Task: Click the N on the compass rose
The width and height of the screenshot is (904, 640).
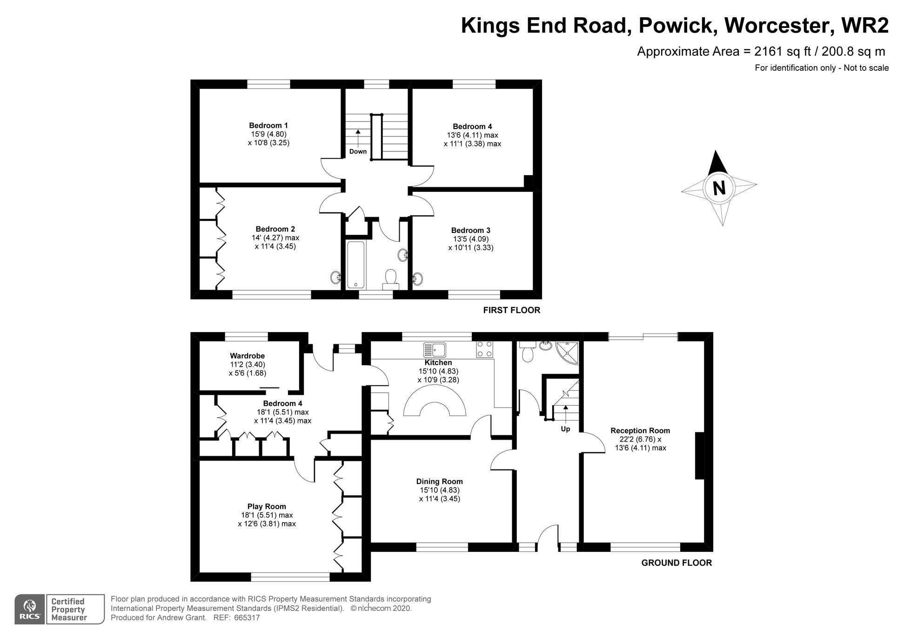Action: pos(719,188)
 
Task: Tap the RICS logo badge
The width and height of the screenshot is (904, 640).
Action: pos(30,609)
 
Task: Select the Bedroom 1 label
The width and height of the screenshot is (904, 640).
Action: pos(268,125)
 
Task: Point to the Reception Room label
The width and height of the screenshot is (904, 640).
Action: pos(640,431)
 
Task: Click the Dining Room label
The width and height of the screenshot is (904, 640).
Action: pos(439,482)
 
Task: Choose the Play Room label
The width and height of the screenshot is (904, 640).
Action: pos(267,507)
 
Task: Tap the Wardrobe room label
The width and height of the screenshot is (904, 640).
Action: pos(248,356)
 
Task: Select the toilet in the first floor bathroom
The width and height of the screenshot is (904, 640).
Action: pos(390,279)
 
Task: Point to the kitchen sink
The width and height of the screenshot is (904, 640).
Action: pos(435,350)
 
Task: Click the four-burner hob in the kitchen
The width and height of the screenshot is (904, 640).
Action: pos(484,349)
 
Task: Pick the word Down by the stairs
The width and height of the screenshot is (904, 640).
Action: pos(358,151)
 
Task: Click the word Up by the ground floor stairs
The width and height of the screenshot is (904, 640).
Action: pos(565,429)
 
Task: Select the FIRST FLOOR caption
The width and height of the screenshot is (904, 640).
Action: pos(512,310)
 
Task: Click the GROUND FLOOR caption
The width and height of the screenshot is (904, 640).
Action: pos(676,563)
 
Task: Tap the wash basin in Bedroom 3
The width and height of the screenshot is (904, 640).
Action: pos(418,279)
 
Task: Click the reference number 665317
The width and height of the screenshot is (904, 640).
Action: pos(247,618)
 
